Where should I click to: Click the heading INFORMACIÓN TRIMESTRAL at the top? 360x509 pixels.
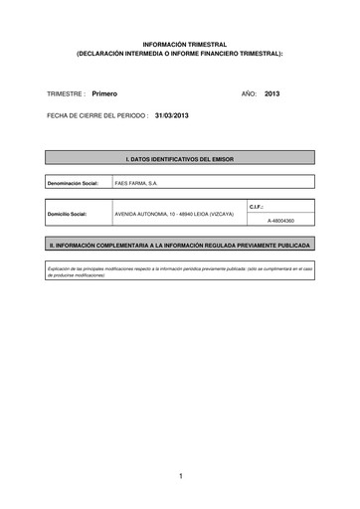point(179,45)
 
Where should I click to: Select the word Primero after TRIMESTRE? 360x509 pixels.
point(104,92)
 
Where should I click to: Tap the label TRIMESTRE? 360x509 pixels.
point(66,92)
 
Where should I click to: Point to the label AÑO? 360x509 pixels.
point(249,92)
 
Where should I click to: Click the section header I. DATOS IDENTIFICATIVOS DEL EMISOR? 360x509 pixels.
point(180,158)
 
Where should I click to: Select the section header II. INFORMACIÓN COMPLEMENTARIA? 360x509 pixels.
point(180,244)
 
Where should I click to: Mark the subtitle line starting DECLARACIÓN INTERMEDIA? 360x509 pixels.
point(179,54)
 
